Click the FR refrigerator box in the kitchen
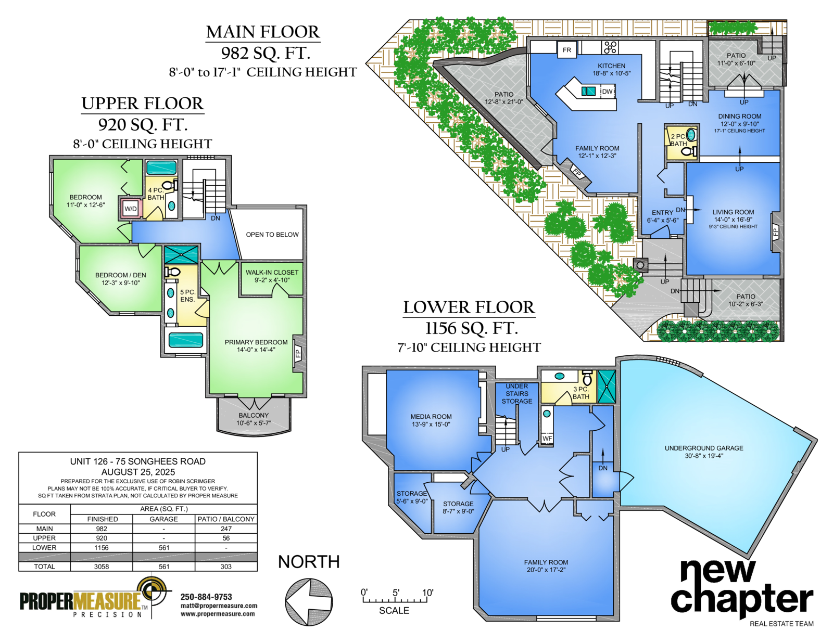coord(566,50)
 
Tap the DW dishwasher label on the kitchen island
coord(607,92)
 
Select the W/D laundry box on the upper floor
coord(131,209)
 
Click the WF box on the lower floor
coord(547,439)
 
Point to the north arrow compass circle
coord(309,601)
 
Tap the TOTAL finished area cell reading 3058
coord(102,567)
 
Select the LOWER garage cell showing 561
coord(163,548)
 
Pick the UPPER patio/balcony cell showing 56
coord(226,538)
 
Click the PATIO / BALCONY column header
coord(226,519)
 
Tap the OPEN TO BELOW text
coord(272,235)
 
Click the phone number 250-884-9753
coord(206,597)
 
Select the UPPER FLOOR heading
coord(143,104)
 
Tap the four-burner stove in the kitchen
coord(610,47)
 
